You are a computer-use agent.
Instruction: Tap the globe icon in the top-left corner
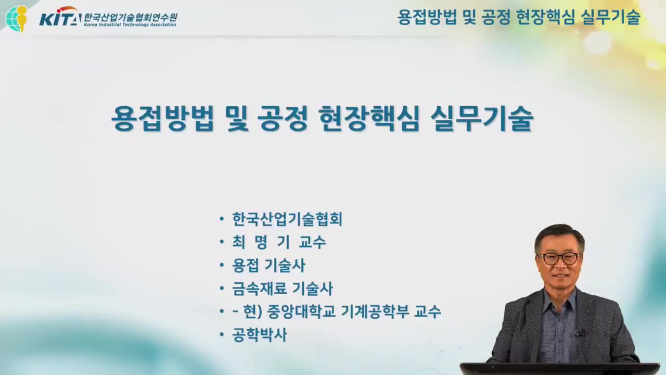click(x=17, y=18)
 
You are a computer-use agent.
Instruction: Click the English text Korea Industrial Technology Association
click(x=130, y=24)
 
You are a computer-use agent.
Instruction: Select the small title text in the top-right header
click(x=518, y=18)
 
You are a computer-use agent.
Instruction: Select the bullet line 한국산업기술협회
click(x=287, y=219)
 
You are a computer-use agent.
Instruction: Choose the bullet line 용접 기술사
click(x=268, y=266)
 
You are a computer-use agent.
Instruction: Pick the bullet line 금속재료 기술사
click(x=283, y=289)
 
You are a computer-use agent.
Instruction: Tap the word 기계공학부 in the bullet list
click(x=374, y=311)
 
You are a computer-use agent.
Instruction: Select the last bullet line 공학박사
click(x=259, y=335)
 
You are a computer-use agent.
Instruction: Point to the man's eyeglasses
click(x=560, y=258)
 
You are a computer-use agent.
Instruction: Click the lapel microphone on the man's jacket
click(x=579, y=332)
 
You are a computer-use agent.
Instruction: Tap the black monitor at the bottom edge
click(x=559, y=369)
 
